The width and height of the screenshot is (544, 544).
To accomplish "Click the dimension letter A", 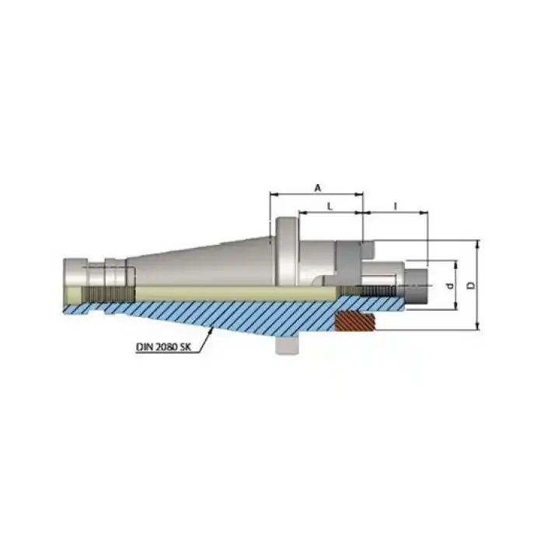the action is point(317,188).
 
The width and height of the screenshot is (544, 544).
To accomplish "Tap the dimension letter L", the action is point(330,207).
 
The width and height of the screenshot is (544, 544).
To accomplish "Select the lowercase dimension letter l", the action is point(396,207).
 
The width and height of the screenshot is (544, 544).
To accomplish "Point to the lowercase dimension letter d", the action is point(451,286).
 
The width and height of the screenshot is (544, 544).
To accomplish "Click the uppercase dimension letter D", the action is point(471,285).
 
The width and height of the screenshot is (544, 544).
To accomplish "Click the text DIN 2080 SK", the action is point(163,347).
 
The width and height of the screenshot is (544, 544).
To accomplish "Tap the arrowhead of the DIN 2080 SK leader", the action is point(211,331).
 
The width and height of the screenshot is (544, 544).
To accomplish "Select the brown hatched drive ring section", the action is point(354,321).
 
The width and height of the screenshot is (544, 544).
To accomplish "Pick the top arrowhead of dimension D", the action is point(478,243).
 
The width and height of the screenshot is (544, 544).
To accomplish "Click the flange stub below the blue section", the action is point(287,345).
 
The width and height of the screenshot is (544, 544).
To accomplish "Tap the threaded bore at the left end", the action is point(108,295).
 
